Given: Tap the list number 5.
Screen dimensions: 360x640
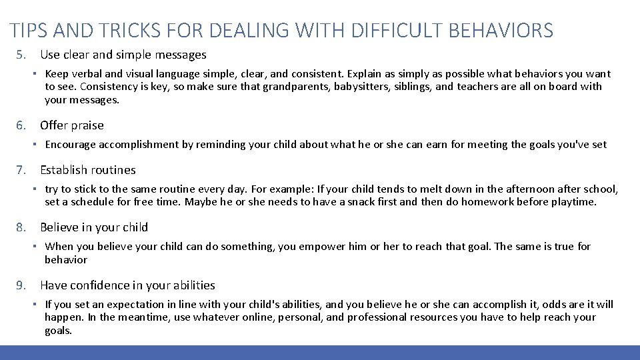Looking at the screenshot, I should point(21,55).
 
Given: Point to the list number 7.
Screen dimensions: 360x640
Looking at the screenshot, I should point(21,170).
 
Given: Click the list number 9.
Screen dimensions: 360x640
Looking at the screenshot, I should point(21,285).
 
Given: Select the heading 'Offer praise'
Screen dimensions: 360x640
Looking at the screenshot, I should point(72,125).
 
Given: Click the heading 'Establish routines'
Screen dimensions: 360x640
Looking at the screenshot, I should point(88,170).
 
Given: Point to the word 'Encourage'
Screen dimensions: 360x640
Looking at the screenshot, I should point(70,145).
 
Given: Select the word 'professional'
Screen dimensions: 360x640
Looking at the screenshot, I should point(377,317).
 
